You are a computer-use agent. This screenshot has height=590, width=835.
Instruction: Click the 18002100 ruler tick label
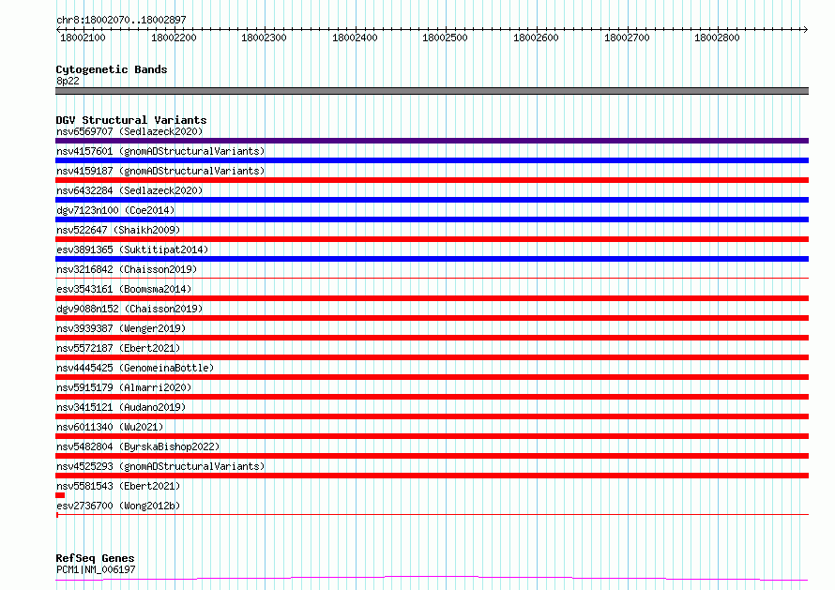[x=83, y=38]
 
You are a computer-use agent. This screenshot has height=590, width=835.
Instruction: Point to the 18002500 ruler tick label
[x=445, y=38]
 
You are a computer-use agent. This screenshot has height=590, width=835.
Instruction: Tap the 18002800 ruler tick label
[x=717, y=38]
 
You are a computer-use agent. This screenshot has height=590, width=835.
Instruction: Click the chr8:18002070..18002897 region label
[x=121, y=20]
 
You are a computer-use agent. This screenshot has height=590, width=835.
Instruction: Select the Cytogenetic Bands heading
[x=112, y=69]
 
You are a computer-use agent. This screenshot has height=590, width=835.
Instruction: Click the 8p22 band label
[x=68, y=81]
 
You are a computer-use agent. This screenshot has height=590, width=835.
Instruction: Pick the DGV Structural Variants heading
[x=131, y=120]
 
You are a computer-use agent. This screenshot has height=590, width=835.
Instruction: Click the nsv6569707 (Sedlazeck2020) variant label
[x=129, y=131]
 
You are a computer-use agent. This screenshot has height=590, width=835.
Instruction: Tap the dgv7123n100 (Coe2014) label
[x=115, y=210]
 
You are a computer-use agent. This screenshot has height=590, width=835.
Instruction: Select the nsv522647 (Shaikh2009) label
[x=118, y=230]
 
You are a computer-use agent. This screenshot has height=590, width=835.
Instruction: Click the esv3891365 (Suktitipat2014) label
[x=132, y=250]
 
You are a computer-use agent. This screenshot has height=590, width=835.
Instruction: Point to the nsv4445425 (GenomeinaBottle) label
[x=135, y=368]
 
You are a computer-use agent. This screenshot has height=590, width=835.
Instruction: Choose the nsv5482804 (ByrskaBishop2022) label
[x=138, y=446]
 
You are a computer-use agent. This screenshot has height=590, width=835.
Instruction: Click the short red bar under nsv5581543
[x=60, y=495]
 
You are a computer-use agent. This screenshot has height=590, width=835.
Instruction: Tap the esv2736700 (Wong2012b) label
[x=118, y=506]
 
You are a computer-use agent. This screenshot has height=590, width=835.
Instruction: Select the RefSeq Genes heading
[x=96, y=558]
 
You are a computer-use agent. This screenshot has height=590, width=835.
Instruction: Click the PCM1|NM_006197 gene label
[x=96, y=569]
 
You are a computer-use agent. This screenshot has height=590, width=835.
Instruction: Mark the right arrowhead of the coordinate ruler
[x=807, y=29]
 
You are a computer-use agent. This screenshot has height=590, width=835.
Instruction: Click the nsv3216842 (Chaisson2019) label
[x=127, y=269]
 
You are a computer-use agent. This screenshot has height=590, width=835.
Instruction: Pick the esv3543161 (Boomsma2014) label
[x=124, y=289]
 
